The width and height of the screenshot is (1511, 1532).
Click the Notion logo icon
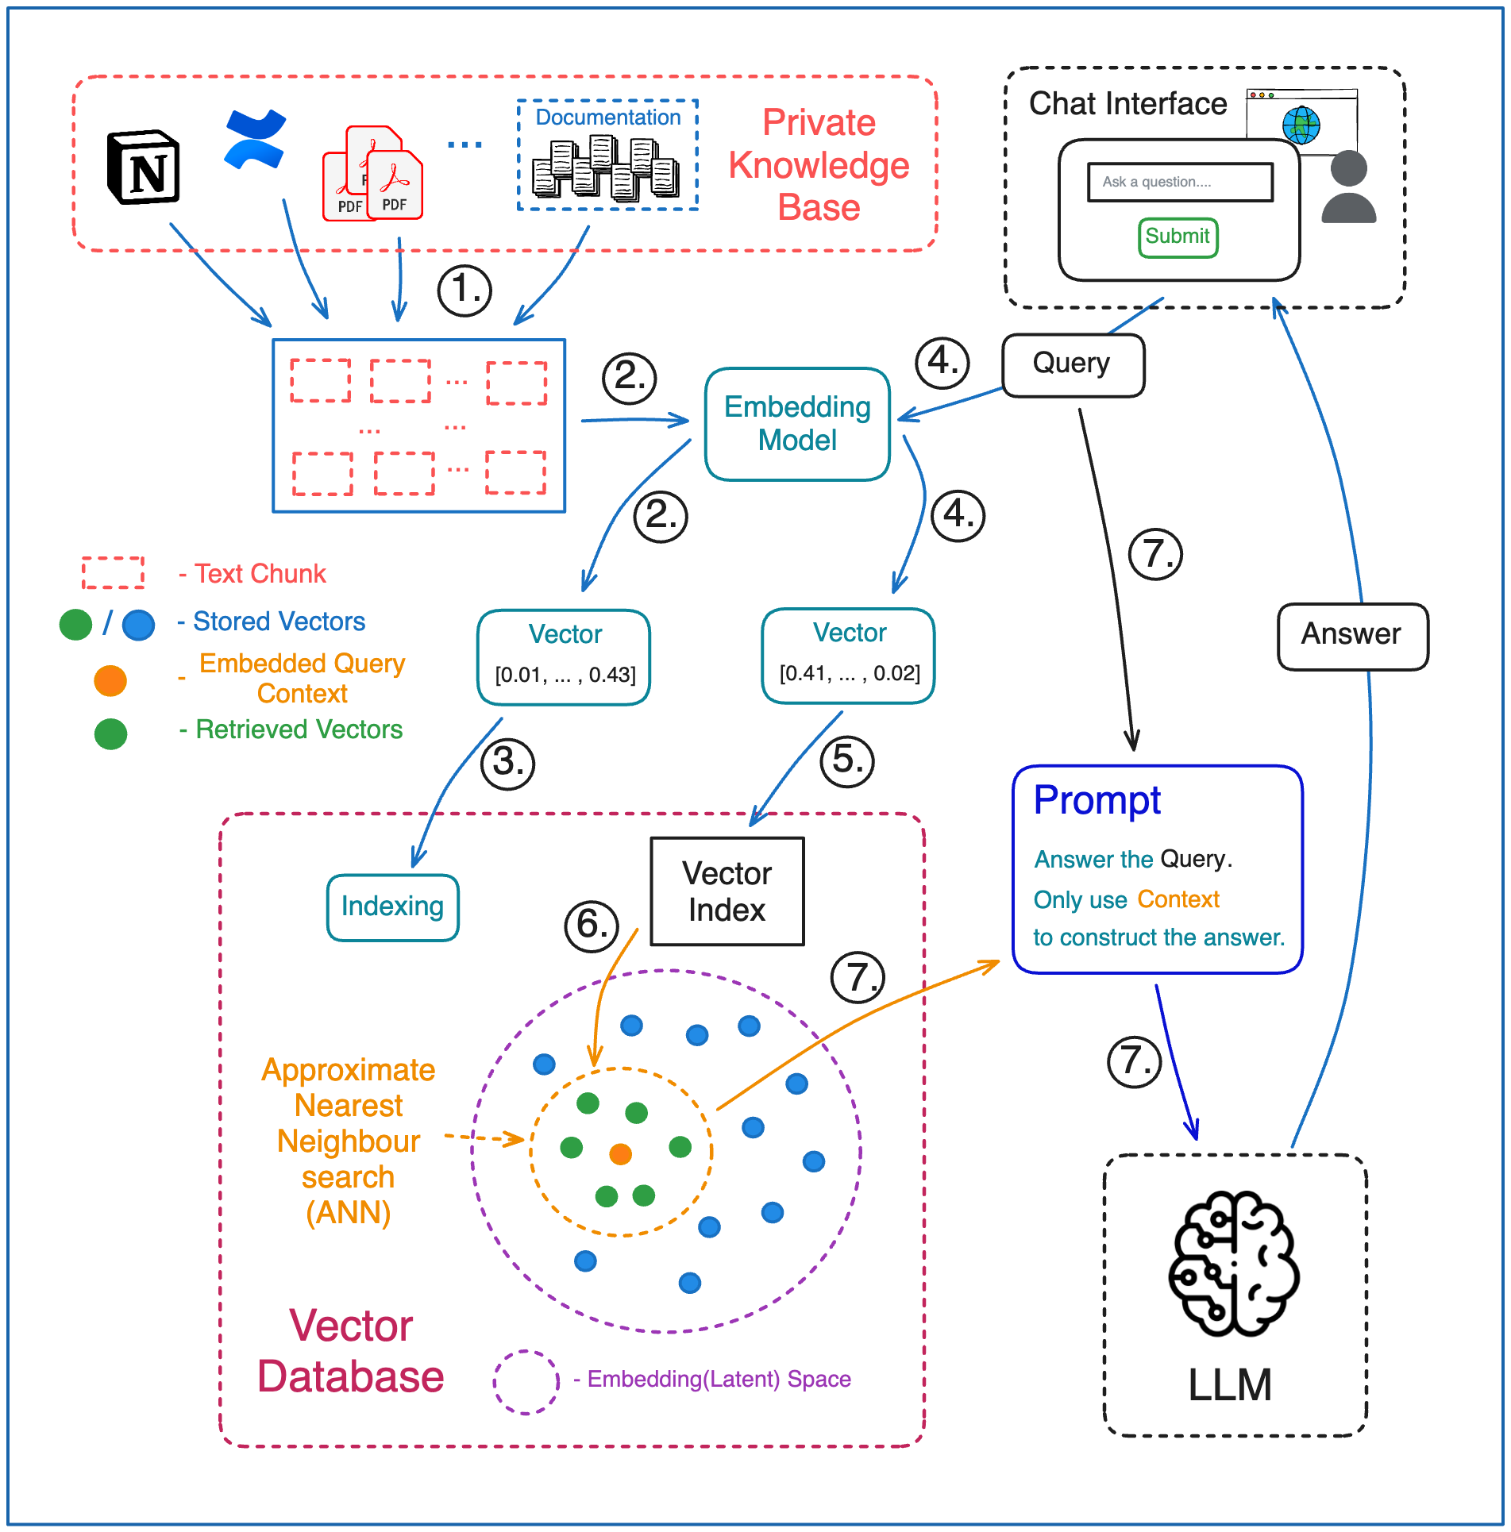[144, 167]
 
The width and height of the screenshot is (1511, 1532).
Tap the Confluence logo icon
[255, 140]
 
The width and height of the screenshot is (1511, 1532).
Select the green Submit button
[1178, 237]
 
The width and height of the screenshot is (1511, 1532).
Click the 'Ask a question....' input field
[1180, 182]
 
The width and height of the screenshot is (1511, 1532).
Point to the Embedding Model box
[797, 424]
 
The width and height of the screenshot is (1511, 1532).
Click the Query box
[1073, 364]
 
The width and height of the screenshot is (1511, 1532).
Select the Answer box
[1352, 635]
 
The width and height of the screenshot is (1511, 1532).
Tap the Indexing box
[392, 907]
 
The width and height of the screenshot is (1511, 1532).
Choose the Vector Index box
[727, 891]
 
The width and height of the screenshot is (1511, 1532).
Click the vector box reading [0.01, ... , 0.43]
[565, 656]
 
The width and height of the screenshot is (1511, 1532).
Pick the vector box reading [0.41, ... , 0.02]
[848, 655]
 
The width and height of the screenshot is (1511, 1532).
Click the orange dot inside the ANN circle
[620, 1153]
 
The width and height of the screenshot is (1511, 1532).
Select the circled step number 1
[464, 290]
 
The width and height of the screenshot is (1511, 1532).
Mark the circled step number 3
[508, 764]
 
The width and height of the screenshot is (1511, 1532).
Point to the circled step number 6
[592, 926]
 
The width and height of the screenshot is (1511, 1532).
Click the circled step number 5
[847, 760]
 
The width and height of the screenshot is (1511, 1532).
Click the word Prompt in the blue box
[1097, 800]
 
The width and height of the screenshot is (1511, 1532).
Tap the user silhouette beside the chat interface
[1348, 187]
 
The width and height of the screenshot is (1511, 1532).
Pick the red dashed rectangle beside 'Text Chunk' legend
[113, 572]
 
